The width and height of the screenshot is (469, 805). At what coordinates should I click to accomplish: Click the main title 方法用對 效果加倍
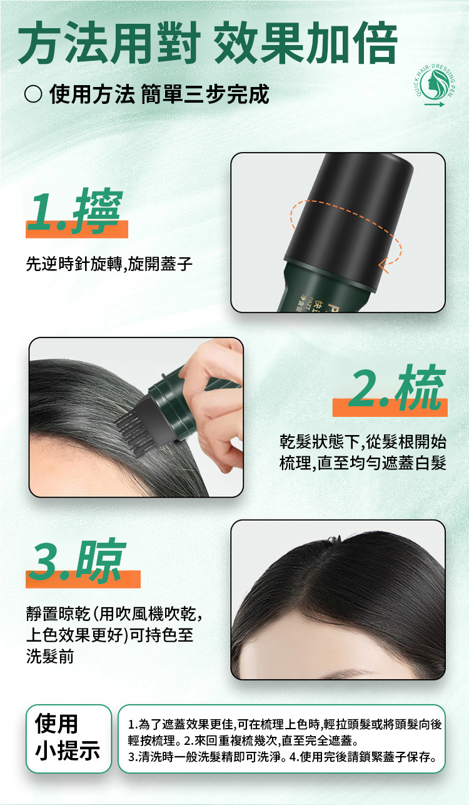pyautogui.click(x=208, y=43)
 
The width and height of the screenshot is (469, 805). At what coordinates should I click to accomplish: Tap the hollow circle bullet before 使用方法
pyautogui.click(x=33, y=94)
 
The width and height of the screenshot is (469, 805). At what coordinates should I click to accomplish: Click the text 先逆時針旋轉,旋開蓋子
pyautogui.click(x=109, y=264)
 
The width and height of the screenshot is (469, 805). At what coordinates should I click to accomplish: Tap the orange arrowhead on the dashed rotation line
pyautogui.click(x=384, y=265)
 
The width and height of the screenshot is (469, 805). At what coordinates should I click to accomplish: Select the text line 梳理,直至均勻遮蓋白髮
pyautogui.click(x=363, y=463)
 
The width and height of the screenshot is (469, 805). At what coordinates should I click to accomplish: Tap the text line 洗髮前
pyautogui.click(x=50, y=656)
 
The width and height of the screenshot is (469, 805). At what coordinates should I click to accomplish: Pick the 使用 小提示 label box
pyautogui.click(x=69, y=739)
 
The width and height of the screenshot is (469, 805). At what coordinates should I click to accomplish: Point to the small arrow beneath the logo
pyautogui.click(x=434, y=105)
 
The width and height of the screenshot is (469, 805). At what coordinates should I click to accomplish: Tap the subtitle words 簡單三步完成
pyautogui.click(x=205, y=95)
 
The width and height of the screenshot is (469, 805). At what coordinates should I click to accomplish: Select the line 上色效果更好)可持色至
pyautogui.click(x=109, y=635)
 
